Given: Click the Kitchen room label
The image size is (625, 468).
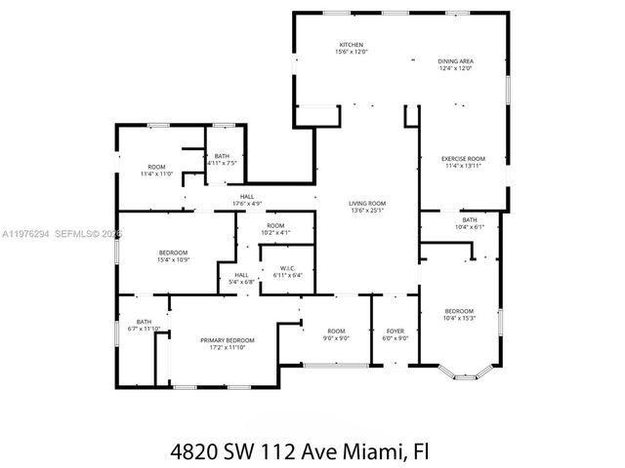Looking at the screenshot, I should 351,45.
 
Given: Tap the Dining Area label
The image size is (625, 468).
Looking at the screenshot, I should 455,61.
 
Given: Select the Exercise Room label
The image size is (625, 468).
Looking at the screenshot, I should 463,158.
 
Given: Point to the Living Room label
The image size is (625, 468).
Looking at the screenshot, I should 367,203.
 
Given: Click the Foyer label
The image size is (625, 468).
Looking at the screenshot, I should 395,331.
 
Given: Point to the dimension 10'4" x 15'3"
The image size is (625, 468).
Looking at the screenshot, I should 458,318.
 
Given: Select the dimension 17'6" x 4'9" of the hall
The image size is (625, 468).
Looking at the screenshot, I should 247,203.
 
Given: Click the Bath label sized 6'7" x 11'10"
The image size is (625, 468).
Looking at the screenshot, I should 144,323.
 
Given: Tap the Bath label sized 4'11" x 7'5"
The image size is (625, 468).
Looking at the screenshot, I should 223,156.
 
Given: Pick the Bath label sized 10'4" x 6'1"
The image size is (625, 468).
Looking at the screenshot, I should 470,220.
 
